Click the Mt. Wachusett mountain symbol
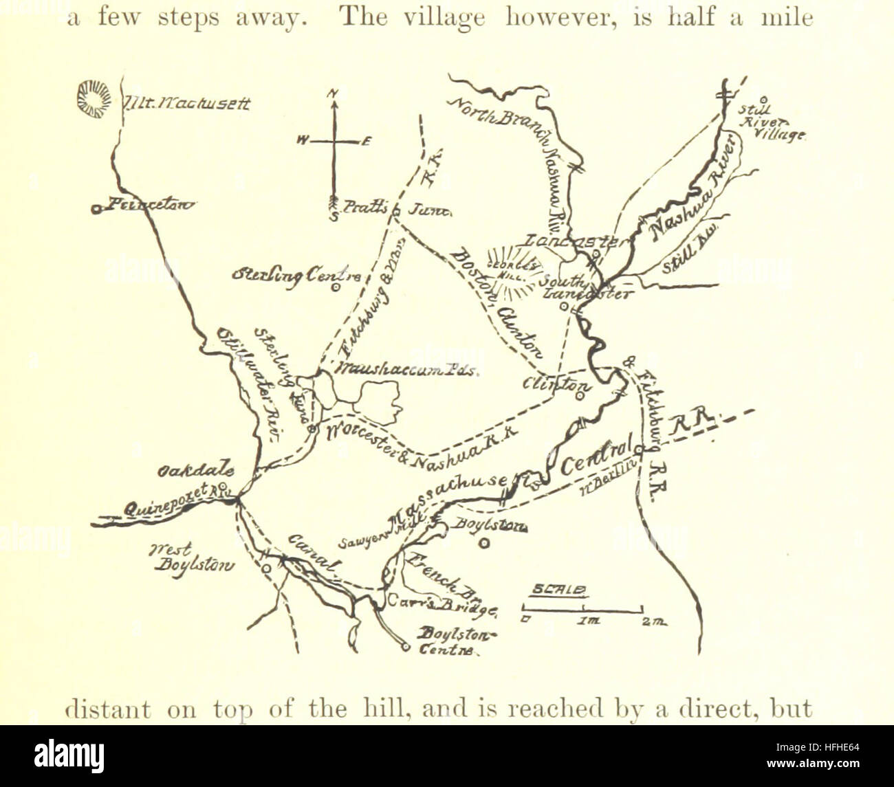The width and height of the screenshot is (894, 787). pos(94,98)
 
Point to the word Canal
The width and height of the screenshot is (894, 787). pos(315,554)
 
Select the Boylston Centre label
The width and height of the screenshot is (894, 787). pos(450,641)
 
